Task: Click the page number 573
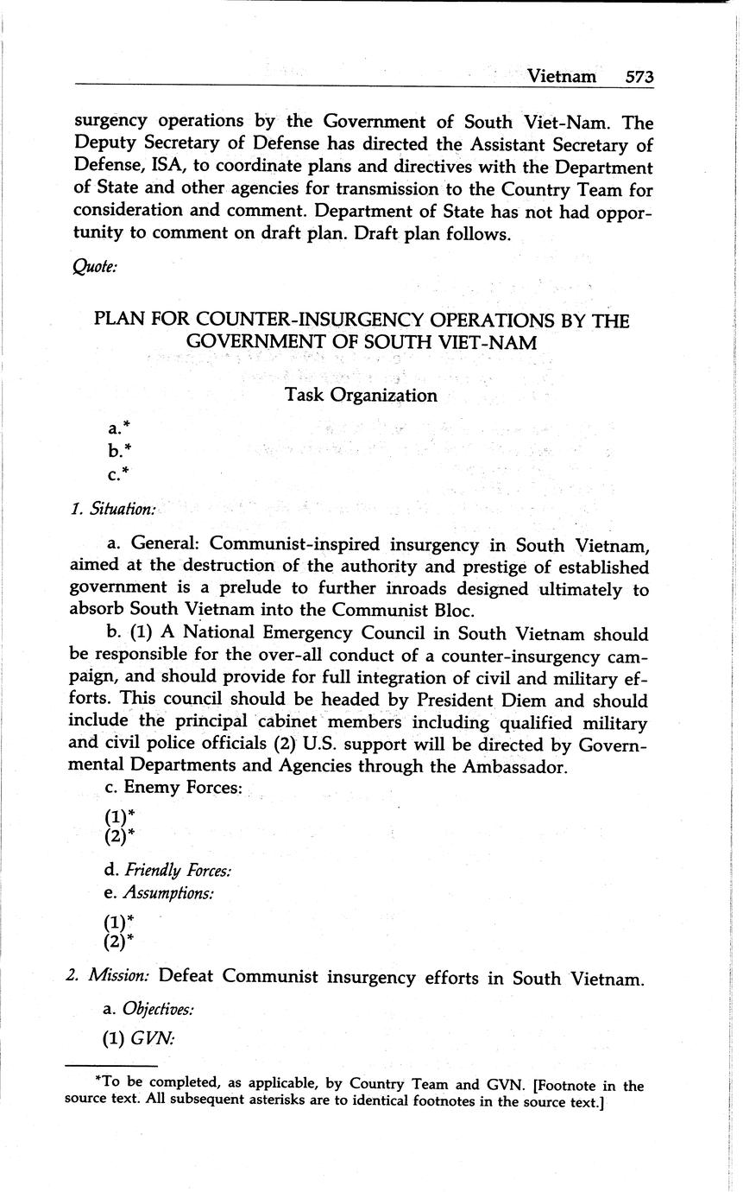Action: pos(639,77)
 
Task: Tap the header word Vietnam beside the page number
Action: pos(562,77)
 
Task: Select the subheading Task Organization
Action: pos(361,396)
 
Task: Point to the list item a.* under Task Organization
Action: pos(119,428)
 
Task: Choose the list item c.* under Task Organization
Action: pos(119,473)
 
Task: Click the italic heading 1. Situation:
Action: pos(113,510)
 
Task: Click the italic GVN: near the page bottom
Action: pos(153,1040)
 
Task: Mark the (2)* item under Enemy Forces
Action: pos(119,836)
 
